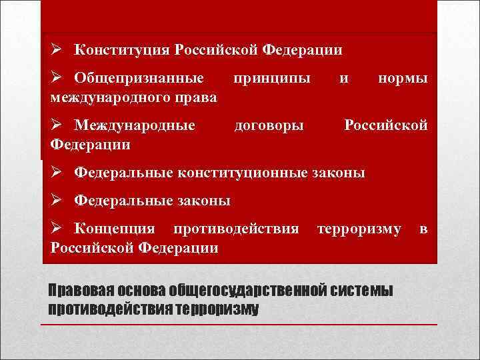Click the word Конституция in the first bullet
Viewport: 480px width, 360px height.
[121, 49]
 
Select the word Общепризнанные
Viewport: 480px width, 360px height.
[139, 78]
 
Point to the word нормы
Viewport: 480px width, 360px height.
[402, 78]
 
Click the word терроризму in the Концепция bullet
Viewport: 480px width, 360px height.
[359, 229]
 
